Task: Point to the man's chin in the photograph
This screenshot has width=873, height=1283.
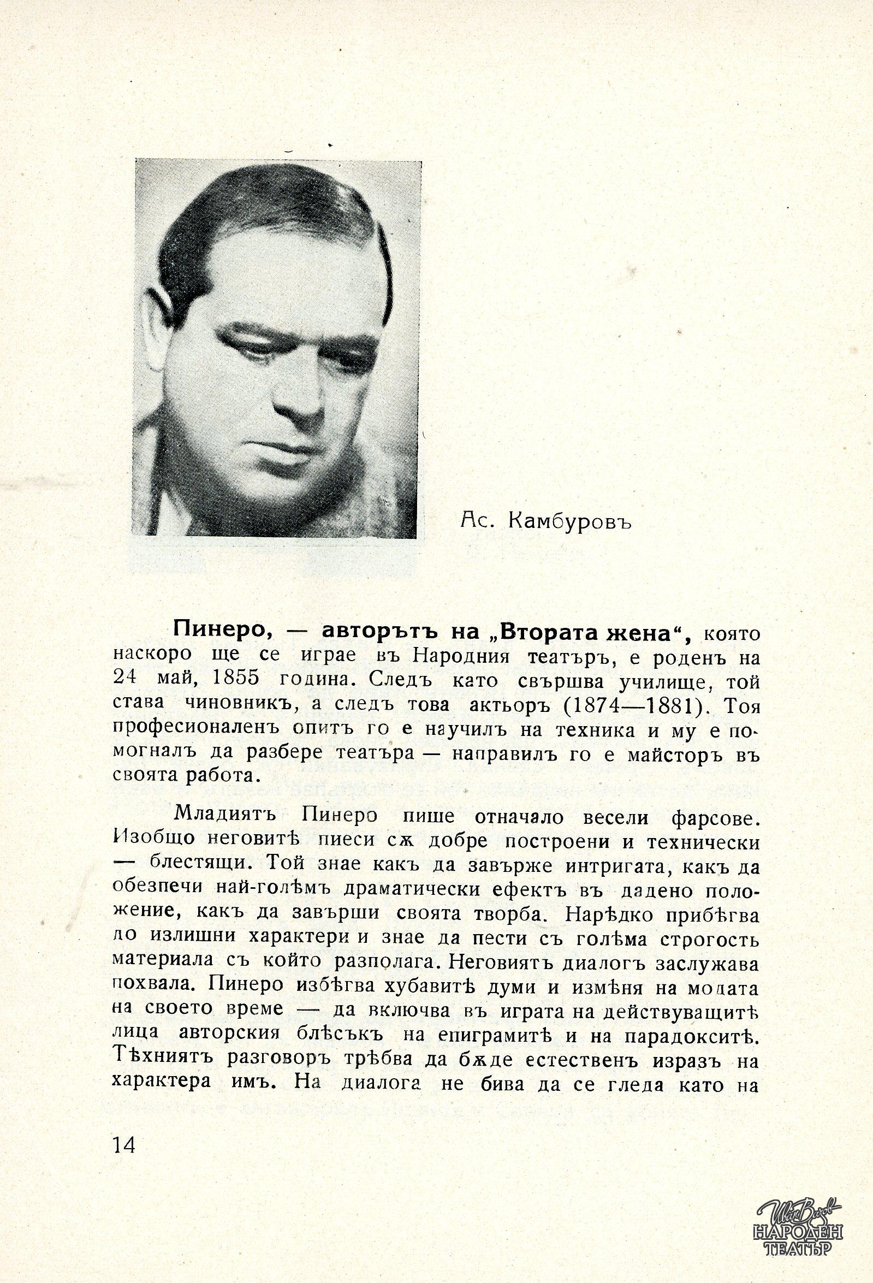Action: click(x=279, y=491)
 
